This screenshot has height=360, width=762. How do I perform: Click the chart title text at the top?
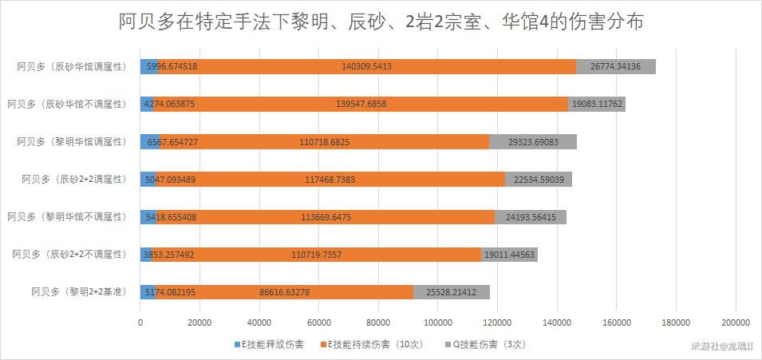click(381, 22)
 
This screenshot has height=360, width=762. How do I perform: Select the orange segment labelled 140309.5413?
click(366, 67)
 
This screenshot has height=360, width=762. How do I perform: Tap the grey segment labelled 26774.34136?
click(615, 67)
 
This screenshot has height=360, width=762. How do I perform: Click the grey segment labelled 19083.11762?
click(596, 105)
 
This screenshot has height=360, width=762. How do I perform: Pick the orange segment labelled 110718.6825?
click(324, 142)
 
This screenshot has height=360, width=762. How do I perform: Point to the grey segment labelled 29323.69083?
click(532, 142)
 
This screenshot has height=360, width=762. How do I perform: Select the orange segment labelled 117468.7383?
click(330, 180)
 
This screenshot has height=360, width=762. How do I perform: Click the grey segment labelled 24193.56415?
click(531, 217)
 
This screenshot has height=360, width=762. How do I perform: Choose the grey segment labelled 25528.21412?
click(451, 292)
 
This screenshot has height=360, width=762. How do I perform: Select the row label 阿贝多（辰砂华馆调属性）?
click(72, 67)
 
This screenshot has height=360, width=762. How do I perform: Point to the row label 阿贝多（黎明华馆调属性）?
click(72, 142)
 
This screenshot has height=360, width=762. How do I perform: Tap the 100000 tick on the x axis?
click(437, 322)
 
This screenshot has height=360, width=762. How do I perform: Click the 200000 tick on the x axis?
click(735, 322)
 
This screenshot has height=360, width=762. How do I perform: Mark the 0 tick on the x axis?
click(141, 322)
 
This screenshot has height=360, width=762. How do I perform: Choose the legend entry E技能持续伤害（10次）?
click(365, 345)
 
